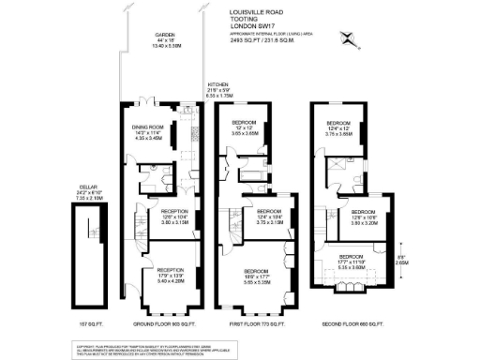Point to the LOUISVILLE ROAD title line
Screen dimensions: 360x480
pos(252,12)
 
